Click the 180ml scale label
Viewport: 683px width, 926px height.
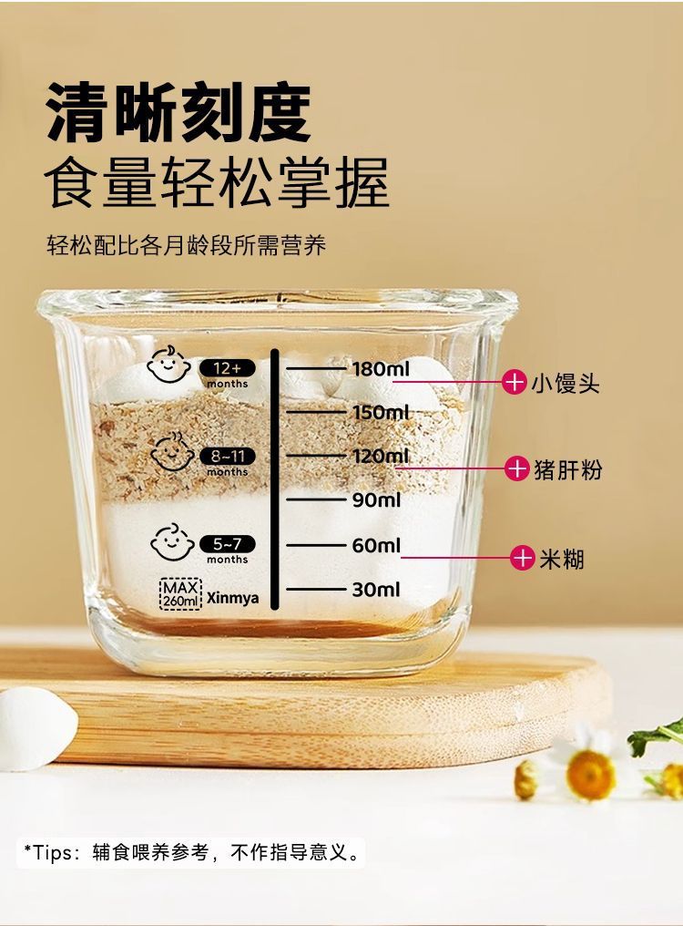[x=381, y=368]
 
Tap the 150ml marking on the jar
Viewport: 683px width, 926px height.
[x=381, y=413]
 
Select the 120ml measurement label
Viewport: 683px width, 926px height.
[x=381, y=456]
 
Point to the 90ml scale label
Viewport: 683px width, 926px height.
[x=376, y=499]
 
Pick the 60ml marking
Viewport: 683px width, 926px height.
[x=376, y=545]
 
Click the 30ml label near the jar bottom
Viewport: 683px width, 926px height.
[x=376, y=589]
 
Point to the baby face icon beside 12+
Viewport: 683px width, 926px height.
[x=168, y=365]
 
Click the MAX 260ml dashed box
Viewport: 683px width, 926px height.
[x=179, y=594]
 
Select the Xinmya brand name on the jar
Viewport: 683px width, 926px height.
[x=232, y=599]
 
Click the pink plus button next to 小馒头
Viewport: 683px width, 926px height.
[x=515, y=382]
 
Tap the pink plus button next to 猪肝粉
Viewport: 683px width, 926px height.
[x=517, y=469]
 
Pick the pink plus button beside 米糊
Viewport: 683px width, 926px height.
[x=522, y=558]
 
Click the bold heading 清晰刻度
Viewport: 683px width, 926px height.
[x=178, y=113]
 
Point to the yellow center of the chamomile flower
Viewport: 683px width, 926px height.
[x=590, y=774]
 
